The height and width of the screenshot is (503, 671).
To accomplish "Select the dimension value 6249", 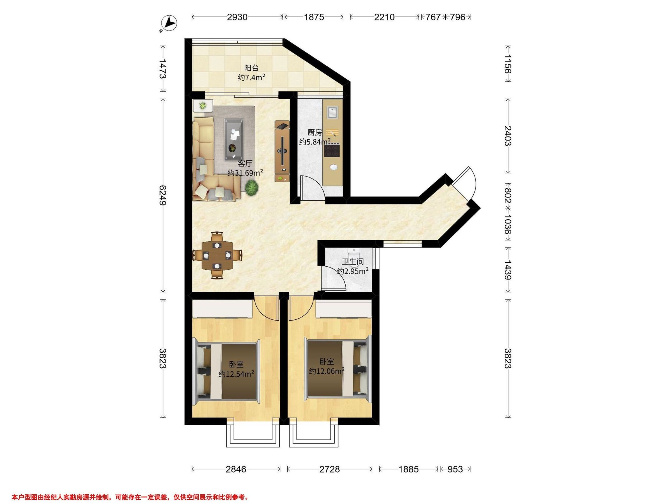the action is [163, 196].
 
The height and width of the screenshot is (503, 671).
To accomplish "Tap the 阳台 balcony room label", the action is [251, 68].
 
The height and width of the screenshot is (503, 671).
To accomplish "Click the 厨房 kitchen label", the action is [315, 132].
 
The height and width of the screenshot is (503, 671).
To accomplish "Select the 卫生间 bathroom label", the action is [353, 262].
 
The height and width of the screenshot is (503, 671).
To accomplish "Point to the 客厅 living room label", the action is [245, 164].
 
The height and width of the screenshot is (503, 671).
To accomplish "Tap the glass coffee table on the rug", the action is [234, 139].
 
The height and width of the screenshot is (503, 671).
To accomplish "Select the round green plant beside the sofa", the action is [252, 188].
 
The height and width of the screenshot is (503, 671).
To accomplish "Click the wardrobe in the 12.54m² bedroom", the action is [222, 309].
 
